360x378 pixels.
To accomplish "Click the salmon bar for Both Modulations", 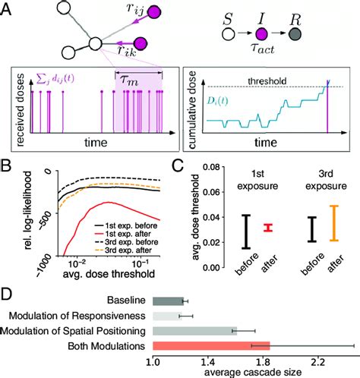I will [x=201, y=345].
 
